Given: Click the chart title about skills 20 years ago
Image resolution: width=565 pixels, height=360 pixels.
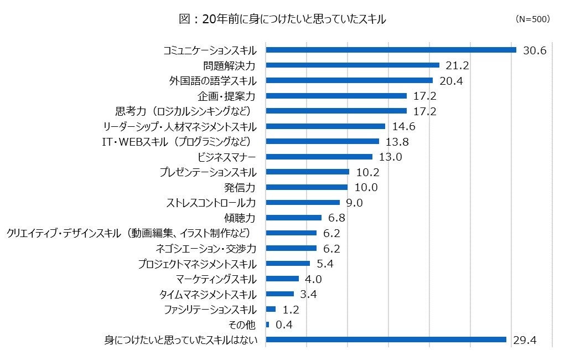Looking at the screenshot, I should [282, 19].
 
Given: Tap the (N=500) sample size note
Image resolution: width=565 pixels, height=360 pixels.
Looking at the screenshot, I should [532, 19].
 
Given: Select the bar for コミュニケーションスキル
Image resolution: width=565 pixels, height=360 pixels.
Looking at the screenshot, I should [391, 50].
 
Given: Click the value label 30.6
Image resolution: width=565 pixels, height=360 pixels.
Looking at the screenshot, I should [535, 50].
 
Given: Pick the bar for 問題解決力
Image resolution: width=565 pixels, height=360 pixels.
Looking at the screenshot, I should [353, 65].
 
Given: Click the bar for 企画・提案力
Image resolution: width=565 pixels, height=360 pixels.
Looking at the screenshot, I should [336, 96].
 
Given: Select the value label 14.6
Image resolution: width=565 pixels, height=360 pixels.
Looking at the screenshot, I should [403, 126].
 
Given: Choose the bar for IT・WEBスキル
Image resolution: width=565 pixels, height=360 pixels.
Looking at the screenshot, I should [322, 142].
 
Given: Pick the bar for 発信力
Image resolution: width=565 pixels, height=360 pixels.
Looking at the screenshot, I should [307, 187].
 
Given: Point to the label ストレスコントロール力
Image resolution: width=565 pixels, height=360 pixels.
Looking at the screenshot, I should [211, 203].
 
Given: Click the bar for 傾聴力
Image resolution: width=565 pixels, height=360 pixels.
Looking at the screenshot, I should [293, 218].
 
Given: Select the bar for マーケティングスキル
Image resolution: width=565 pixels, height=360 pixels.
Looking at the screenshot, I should [282, 279].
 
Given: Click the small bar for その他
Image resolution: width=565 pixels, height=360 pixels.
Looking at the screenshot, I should [267, 325].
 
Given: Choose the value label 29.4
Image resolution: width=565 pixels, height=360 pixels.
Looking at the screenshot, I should [525, 340].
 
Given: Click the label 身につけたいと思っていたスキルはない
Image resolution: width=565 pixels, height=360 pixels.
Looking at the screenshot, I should [181, 340].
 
